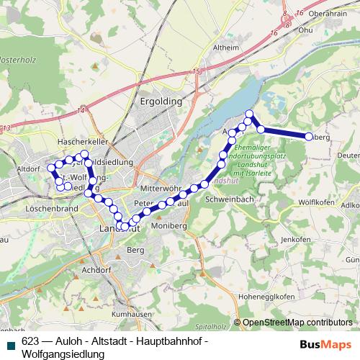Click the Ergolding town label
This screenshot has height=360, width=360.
161,102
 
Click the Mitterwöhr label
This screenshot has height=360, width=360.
159,187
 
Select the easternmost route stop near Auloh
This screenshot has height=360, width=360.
308,136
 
